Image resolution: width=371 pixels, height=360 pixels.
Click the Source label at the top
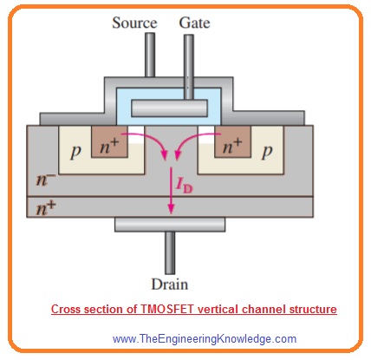pos(134,23)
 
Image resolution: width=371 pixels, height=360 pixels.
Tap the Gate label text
pos(194,23)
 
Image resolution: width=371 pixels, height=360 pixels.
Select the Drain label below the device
pos(170,284)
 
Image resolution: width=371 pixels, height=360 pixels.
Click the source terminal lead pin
pos(150,55)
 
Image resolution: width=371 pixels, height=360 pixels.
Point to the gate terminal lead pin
pos(189,67)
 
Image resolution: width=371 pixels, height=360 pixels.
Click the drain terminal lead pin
pos(170,252)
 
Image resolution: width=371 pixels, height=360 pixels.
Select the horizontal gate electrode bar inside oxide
pos(169,108)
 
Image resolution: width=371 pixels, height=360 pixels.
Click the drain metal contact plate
pos(170,225)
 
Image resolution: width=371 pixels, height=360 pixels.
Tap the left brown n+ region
pos(109,141)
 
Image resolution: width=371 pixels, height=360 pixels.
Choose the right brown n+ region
pos(232,141)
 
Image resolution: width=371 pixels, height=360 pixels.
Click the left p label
pos(75,152)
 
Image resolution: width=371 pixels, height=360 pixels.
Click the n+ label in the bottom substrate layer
pos(46,207)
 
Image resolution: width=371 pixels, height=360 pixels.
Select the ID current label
pos(184,186)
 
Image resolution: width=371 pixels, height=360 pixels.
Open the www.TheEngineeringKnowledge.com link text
pos(205,338)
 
